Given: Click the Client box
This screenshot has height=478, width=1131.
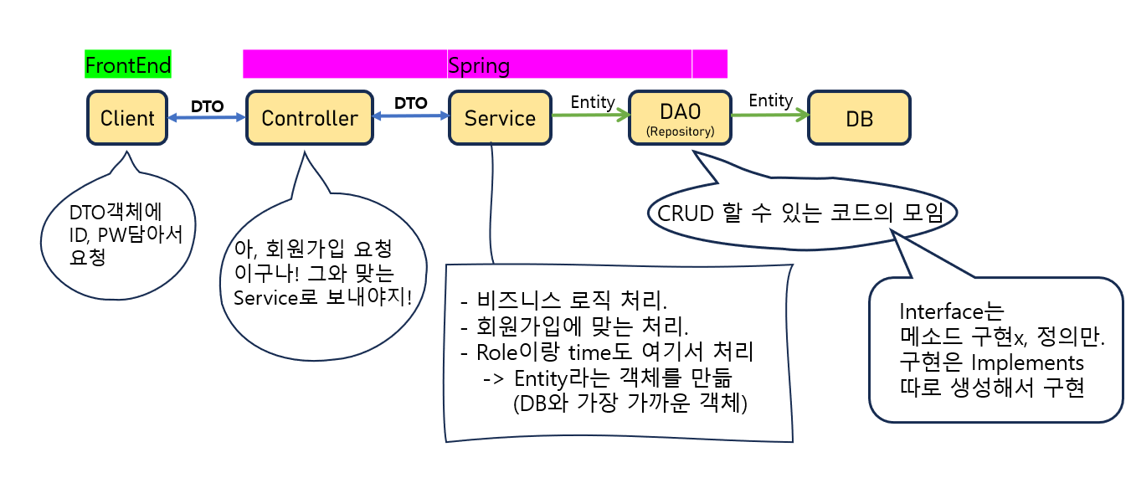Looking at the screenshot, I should point(127,118).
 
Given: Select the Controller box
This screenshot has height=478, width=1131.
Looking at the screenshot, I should point(309,118).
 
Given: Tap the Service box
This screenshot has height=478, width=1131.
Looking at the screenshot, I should point(500,118).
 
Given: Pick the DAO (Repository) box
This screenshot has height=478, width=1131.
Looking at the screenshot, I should point(679,118).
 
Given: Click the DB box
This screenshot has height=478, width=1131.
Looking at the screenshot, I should point(859,119).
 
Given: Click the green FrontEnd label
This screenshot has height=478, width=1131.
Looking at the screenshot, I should point(128,64).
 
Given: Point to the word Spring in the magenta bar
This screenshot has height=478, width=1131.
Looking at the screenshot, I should point(479,64).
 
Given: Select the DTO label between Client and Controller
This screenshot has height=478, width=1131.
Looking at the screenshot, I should point(207,106).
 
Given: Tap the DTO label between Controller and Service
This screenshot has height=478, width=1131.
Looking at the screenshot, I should point(410,104).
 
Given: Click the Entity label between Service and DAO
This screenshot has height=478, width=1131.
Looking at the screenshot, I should point(592,101).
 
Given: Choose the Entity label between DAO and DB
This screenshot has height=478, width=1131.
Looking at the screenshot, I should point(770,100).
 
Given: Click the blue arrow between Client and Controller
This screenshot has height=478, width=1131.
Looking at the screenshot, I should point(207,119).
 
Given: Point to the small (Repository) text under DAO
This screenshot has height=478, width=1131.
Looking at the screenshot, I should point(679,131).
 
